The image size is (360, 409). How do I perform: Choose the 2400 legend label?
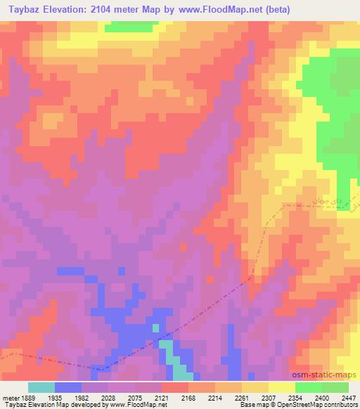[322, 398]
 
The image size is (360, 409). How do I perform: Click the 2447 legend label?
[347, 398]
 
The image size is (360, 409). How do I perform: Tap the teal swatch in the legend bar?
[41, 387]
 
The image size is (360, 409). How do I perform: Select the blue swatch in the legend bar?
[68, 387]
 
